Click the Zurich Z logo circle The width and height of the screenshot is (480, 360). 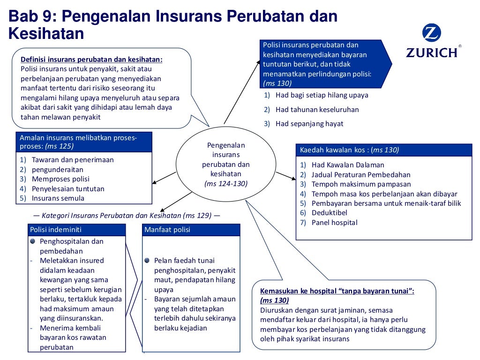click(431, 33)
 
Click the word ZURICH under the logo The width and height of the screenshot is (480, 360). click(432, 52)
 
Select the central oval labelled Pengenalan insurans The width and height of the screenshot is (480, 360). click(225, 164)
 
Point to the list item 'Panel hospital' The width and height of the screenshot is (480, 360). click(334, 223)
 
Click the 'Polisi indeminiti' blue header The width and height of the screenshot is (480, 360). click(76, 230)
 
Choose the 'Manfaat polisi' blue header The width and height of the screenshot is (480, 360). click(191, 230)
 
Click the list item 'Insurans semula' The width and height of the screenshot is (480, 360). click(58, 198)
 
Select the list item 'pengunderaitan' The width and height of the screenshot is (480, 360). click(57, 169)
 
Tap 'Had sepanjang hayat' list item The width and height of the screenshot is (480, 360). click(309, 124)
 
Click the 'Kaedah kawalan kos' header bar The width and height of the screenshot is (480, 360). click(383, 150)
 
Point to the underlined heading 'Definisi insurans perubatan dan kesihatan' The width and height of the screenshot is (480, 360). click(91, 60)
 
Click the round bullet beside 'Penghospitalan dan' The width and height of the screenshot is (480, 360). click(32, 241)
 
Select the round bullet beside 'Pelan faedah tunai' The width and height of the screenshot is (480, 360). click(147, 260)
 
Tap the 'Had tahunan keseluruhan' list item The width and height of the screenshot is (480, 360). click(317, 109)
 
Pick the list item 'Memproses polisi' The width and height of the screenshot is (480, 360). click(60, 179)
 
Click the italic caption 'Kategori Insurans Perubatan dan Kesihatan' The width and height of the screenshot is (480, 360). click(126, 216)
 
